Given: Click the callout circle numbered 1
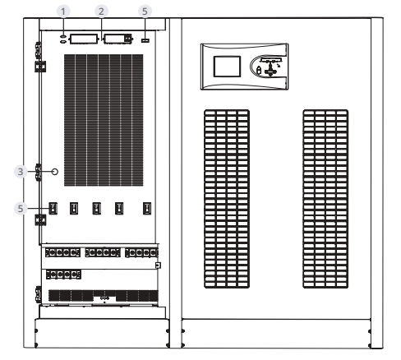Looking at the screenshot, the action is (63, 12).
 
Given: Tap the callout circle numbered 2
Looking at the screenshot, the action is (101, 12).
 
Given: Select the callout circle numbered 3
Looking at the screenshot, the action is (21, 172).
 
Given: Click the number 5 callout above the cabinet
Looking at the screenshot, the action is (145, 12).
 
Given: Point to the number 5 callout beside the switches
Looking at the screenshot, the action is (21, 209).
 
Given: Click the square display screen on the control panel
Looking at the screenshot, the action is (227, 67).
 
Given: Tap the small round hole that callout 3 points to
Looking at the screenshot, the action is (55, 172).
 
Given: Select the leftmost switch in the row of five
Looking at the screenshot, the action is (53, 208).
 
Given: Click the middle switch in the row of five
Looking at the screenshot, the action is (96, 208).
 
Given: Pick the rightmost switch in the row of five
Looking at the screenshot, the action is (147, 208).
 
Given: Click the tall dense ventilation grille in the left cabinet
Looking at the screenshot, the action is (104, 120).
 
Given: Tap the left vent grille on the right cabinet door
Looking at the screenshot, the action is (227, 199).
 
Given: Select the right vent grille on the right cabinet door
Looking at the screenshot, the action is (325, 199).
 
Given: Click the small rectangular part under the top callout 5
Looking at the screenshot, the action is (145, 40).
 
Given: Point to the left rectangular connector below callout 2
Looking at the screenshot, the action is (84, 39).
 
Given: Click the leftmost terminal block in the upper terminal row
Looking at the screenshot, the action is (62, 252).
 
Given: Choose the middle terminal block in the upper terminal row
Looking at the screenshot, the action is (103, 252).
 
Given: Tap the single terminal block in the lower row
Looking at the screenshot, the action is (63, 275).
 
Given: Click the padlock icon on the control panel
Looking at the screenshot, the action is (258, 70).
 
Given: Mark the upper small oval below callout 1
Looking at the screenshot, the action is (63, 36).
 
